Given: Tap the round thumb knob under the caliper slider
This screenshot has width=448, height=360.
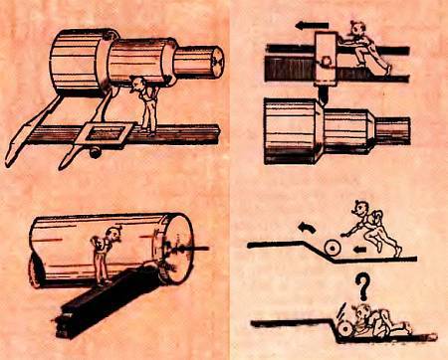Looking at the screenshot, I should click(x=95, y=152).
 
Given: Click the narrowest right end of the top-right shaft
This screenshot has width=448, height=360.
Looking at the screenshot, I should click(x=397, y=127).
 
